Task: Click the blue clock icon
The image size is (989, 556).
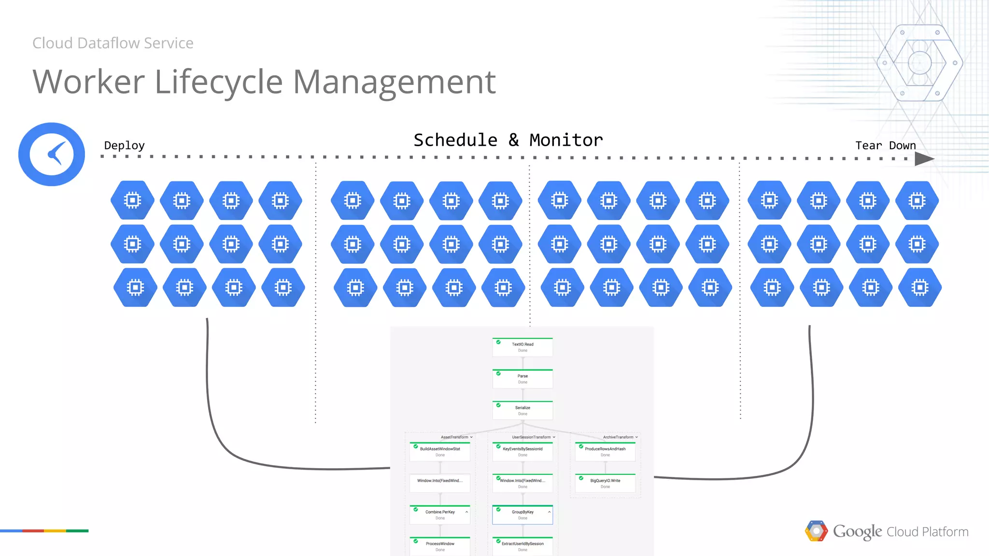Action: pos(52,154)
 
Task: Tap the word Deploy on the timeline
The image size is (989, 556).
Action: pos(124,145)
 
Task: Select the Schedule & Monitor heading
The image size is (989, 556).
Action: pos(508,140)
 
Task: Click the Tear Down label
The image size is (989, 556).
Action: pos(885,145)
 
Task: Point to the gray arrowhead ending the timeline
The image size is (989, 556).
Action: pos(923,159)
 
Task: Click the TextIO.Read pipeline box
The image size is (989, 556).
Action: pos(523,347)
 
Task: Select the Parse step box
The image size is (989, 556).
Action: pos(523,379)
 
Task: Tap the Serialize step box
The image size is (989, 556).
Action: pos(523,410)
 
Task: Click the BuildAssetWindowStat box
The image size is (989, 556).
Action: pos(440,452)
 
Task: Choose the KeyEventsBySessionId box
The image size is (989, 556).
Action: pos(523,452)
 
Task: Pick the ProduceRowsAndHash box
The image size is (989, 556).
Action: pos(605,452)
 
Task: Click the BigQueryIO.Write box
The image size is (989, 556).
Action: pos(605,483)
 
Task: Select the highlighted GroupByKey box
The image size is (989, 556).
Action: pos(523,514)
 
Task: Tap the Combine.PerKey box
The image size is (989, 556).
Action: pos(440,514)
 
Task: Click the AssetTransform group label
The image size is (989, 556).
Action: pos(454,437)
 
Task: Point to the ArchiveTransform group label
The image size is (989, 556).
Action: pos(618,437)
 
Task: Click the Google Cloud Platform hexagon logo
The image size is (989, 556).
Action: pos(816,531)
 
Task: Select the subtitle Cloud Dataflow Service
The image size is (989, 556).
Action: pos(113,43)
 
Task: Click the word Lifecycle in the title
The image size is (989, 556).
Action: pos(218,82)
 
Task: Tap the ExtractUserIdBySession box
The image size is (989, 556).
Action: pos(523,546)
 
